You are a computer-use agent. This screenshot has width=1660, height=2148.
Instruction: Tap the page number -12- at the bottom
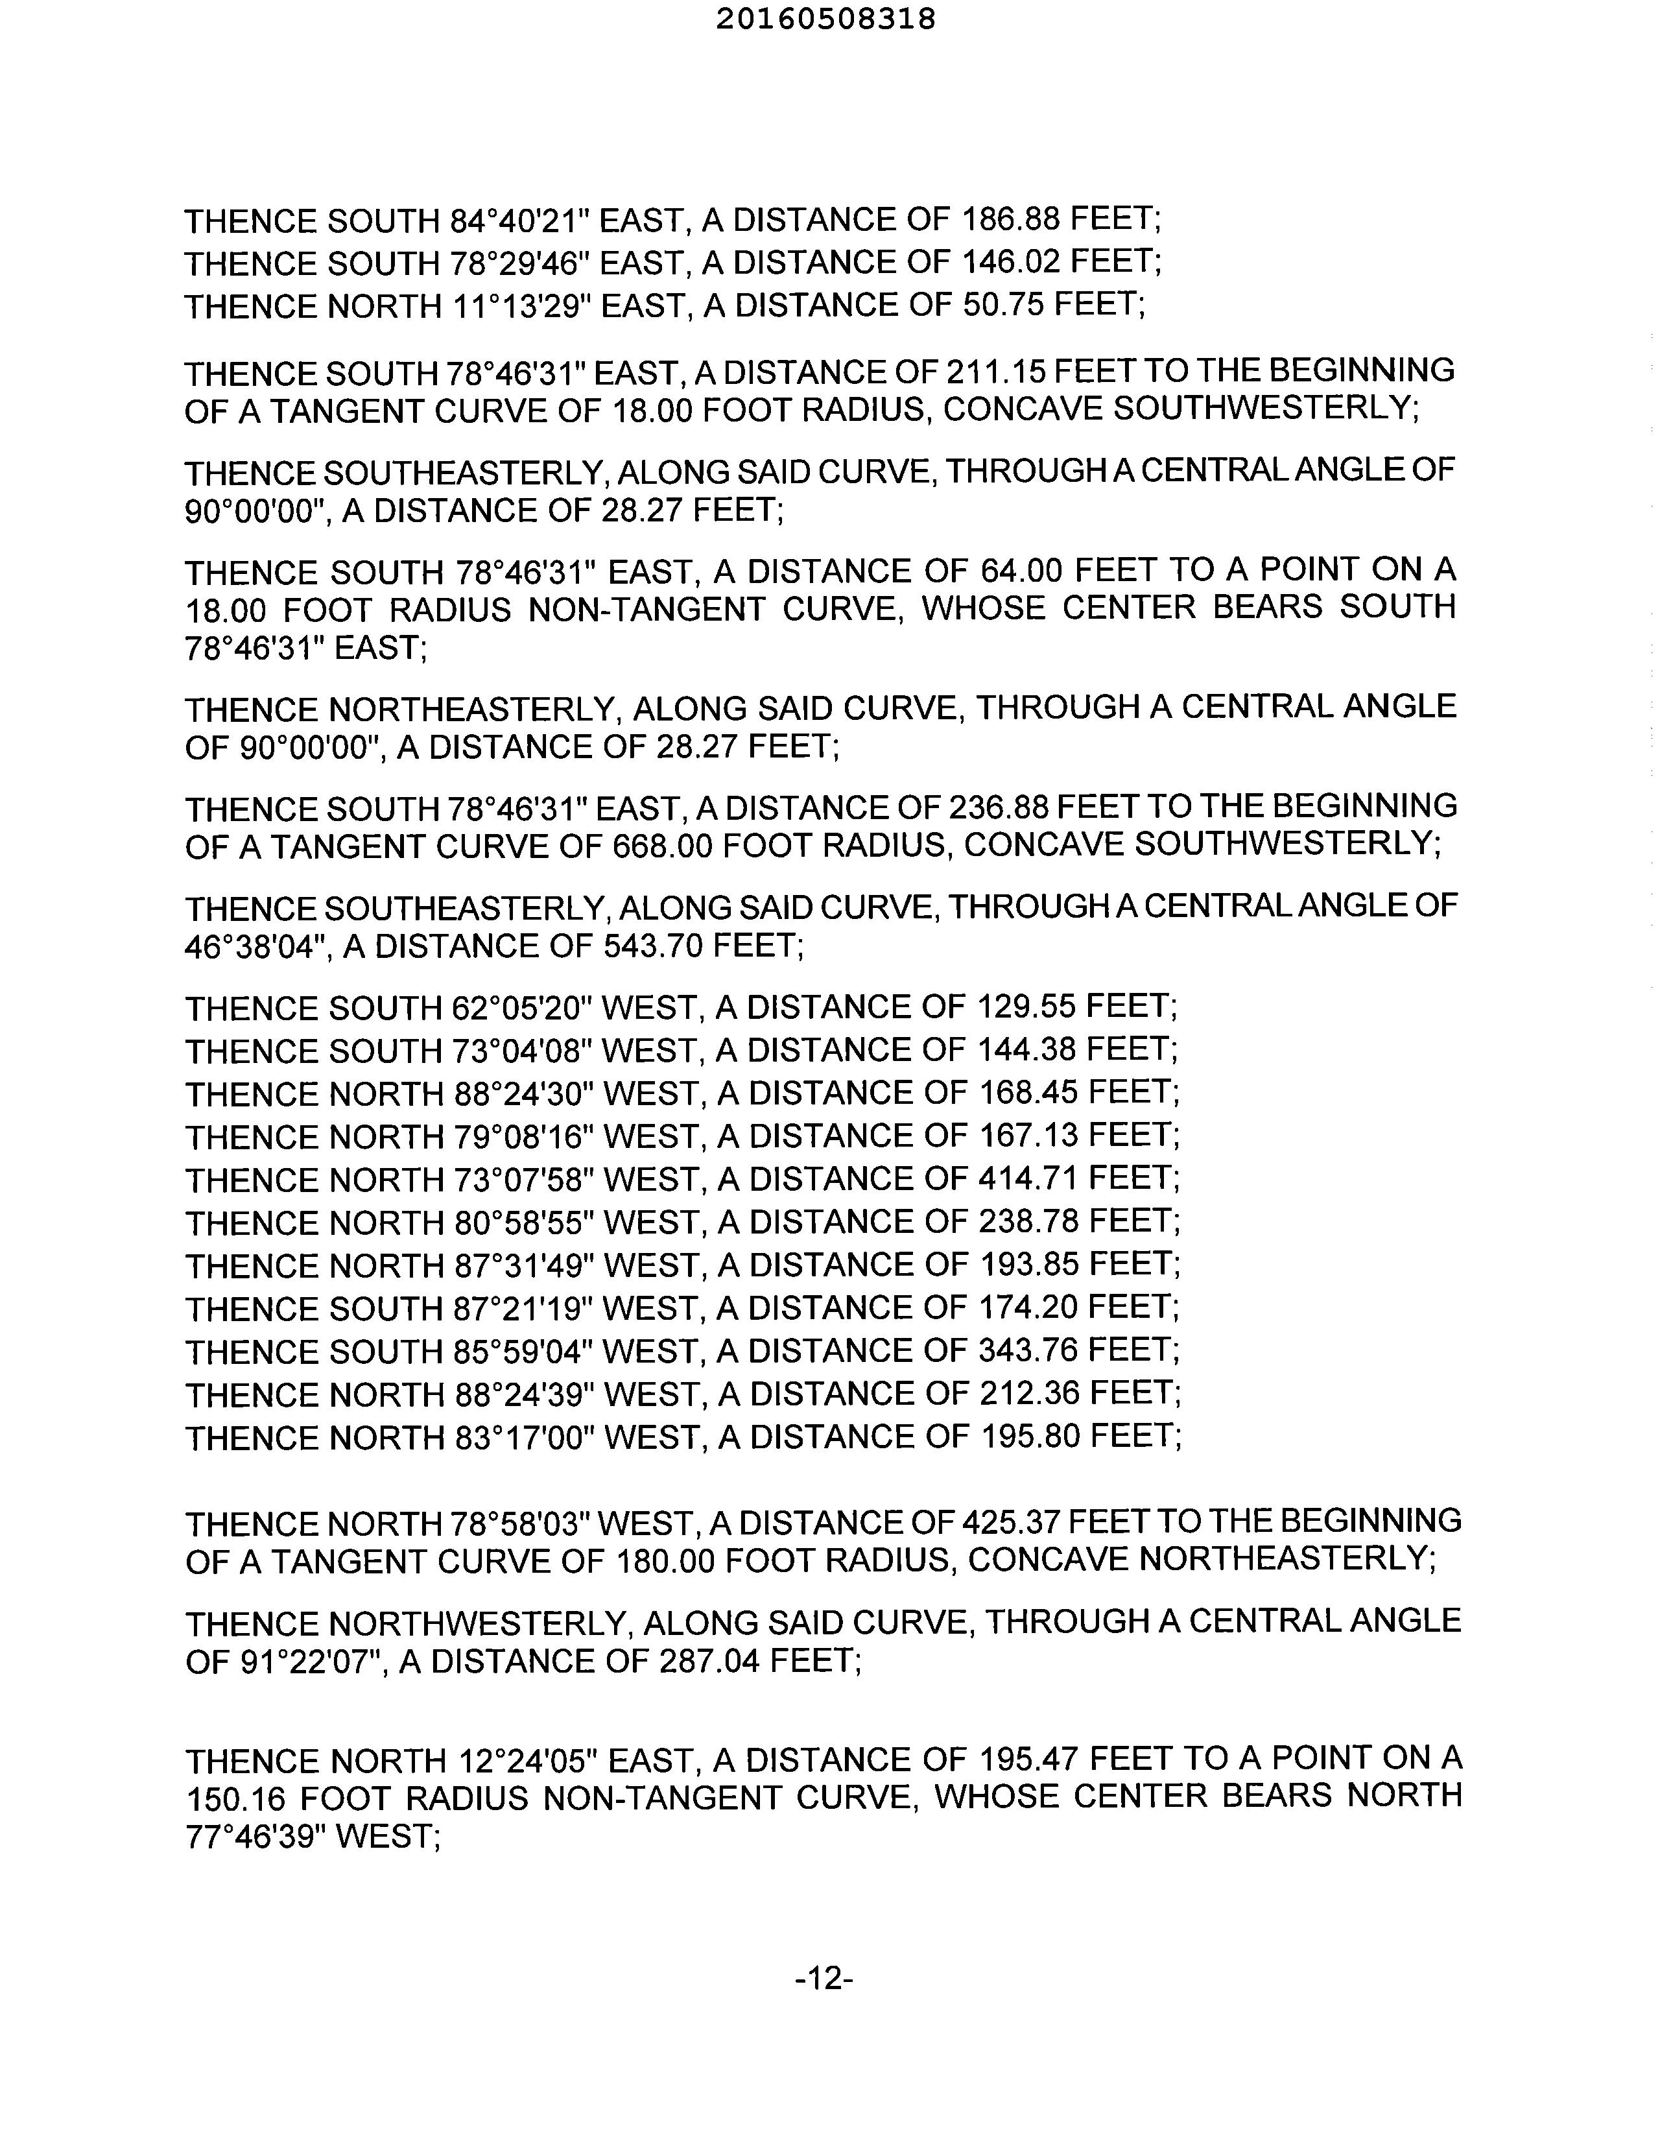[823, 1977]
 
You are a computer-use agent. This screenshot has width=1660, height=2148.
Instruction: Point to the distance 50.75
[1001, 306]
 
